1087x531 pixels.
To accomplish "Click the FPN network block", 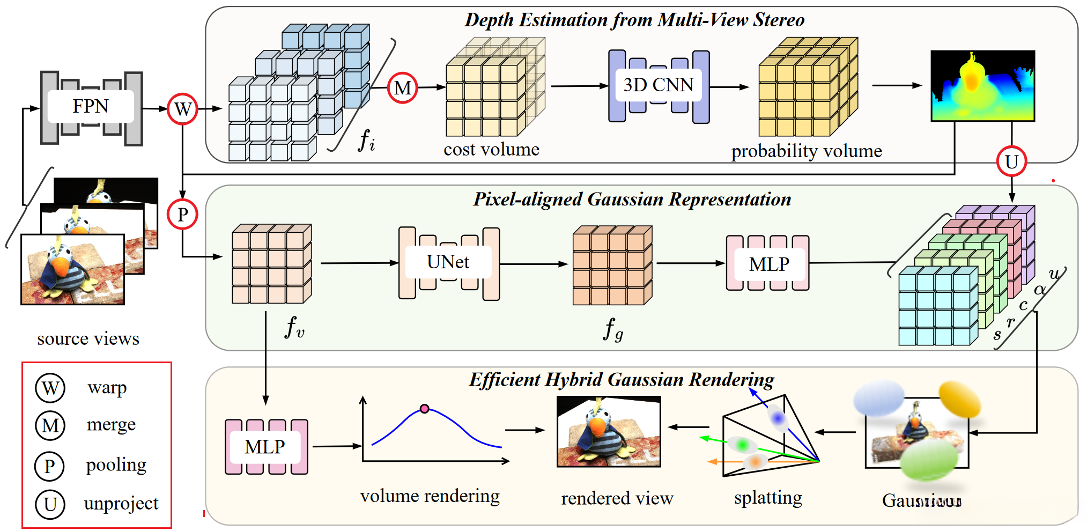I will [91, 107].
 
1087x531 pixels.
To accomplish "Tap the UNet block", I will [449, 263].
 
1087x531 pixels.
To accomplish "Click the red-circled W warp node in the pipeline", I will [182, 109].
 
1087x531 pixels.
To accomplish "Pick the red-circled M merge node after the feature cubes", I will [402, 88].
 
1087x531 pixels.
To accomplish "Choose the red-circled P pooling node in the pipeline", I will [182, 215].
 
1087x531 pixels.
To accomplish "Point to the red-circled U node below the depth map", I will [1011, 161].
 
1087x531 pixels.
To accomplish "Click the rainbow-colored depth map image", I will [982, 86].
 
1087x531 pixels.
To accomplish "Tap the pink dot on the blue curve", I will [425, 409].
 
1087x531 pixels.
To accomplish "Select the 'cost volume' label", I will [491, 150].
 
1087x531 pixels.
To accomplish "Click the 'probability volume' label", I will [807, 151].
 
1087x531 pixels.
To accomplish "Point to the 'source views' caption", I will [88, 339].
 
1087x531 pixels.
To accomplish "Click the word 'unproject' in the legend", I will [121, 504].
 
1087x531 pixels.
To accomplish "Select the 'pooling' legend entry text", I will [116, 464].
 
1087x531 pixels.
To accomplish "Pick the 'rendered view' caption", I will [617, 499].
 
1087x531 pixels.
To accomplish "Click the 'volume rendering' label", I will [430, 496].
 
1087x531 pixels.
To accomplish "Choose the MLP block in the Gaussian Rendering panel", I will [266, 447].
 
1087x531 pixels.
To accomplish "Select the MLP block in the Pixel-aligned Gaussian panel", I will [768, 264].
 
